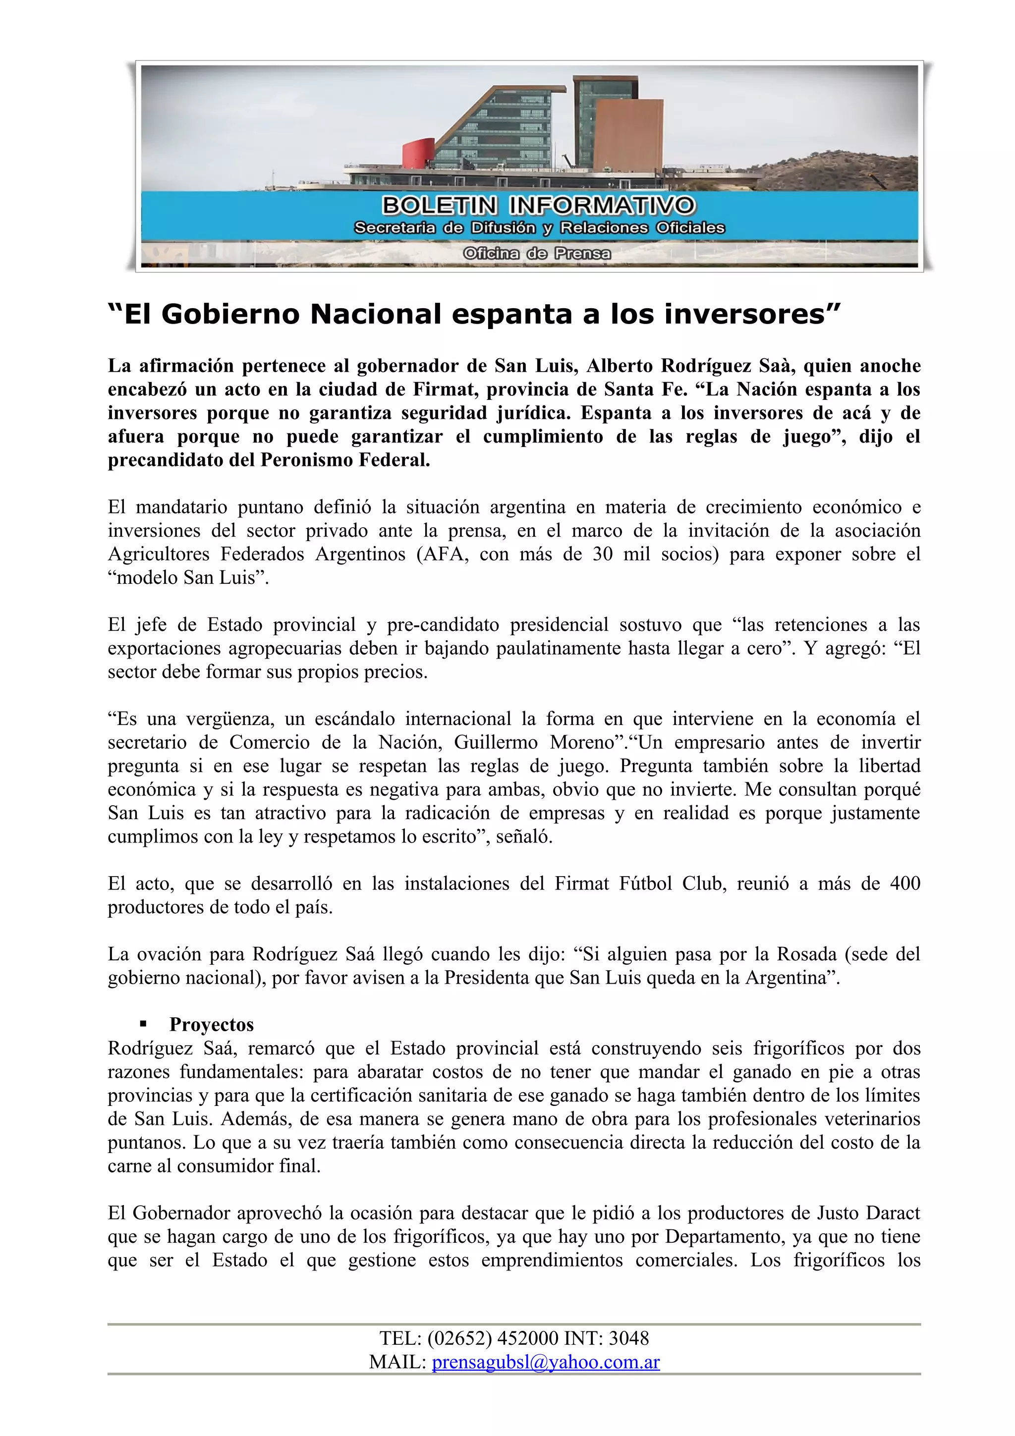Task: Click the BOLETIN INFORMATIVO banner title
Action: coord(538,205)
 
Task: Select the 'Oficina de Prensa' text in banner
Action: coord(537,253)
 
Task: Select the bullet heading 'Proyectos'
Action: coord(212,1024)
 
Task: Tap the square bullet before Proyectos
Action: coord(143,1024)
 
